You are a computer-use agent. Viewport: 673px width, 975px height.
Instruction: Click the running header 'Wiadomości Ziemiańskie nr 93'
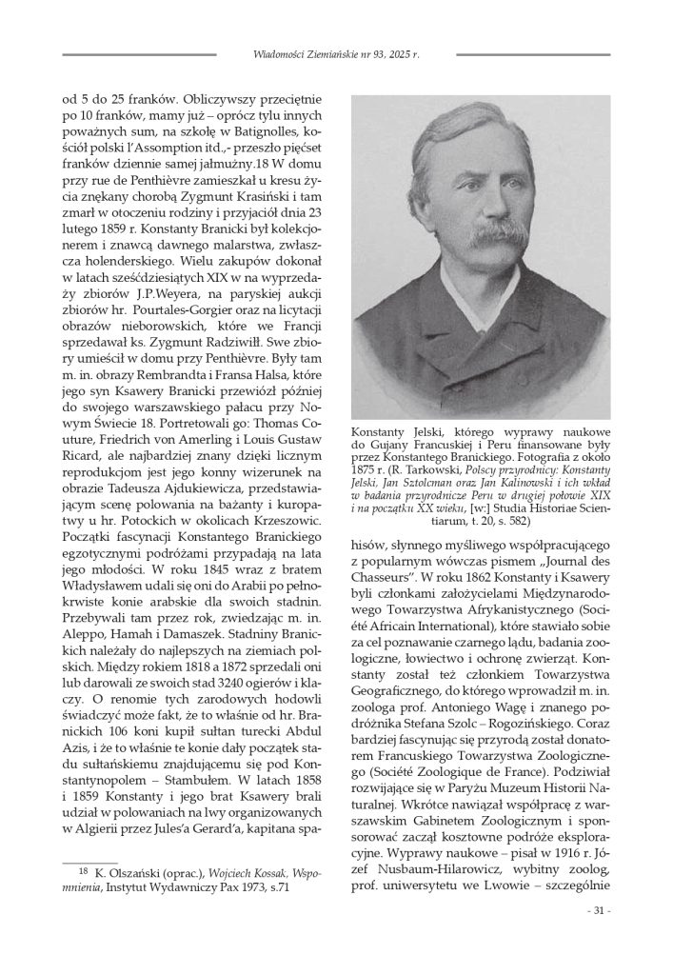tap(312, 54)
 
